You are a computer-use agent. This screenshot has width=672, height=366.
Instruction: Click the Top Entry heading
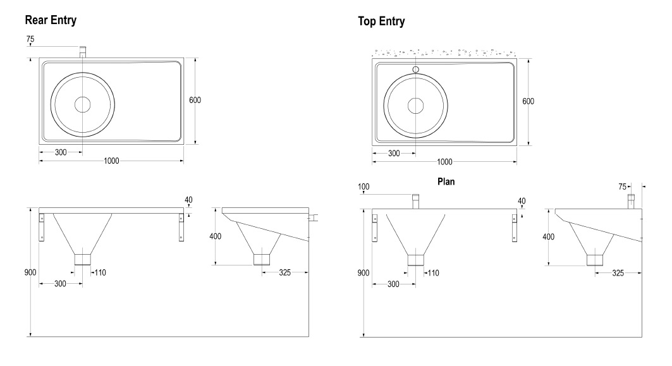tap(381, 21)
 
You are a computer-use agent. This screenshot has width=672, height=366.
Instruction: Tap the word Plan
tap(447, 180)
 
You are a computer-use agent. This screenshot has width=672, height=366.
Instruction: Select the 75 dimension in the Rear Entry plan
tap(31, 39)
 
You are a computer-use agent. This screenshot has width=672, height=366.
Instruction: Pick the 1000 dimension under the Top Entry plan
tap(444, 162)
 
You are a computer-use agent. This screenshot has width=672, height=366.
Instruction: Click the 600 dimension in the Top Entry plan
tap(528, 102)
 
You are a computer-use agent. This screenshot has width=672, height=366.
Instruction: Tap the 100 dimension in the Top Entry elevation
tap(363, 186)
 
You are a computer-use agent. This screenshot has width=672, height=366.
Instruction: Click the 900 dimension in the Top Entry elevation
tap(363, 272)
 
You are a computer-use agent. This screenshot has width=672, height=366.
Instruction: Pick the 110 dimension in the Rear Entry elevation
tap(100, 272)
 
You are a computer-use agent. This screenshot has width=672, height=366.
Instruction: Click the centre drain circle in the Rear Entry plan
tap(83, 104)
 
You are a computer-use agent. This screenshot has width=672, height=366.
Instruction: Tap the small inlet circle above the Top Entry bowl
tap(415, 70)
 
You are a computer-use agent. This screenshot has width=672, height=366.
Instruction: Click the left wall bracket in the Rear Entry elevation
tap(43, 227)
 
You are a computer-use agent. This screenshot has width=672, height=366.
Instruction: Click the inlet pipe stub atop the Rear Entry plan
tap(83, 52)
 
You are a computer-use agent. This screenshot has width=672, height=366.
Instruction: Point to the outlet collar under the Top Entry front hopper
tap(415, 260)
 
